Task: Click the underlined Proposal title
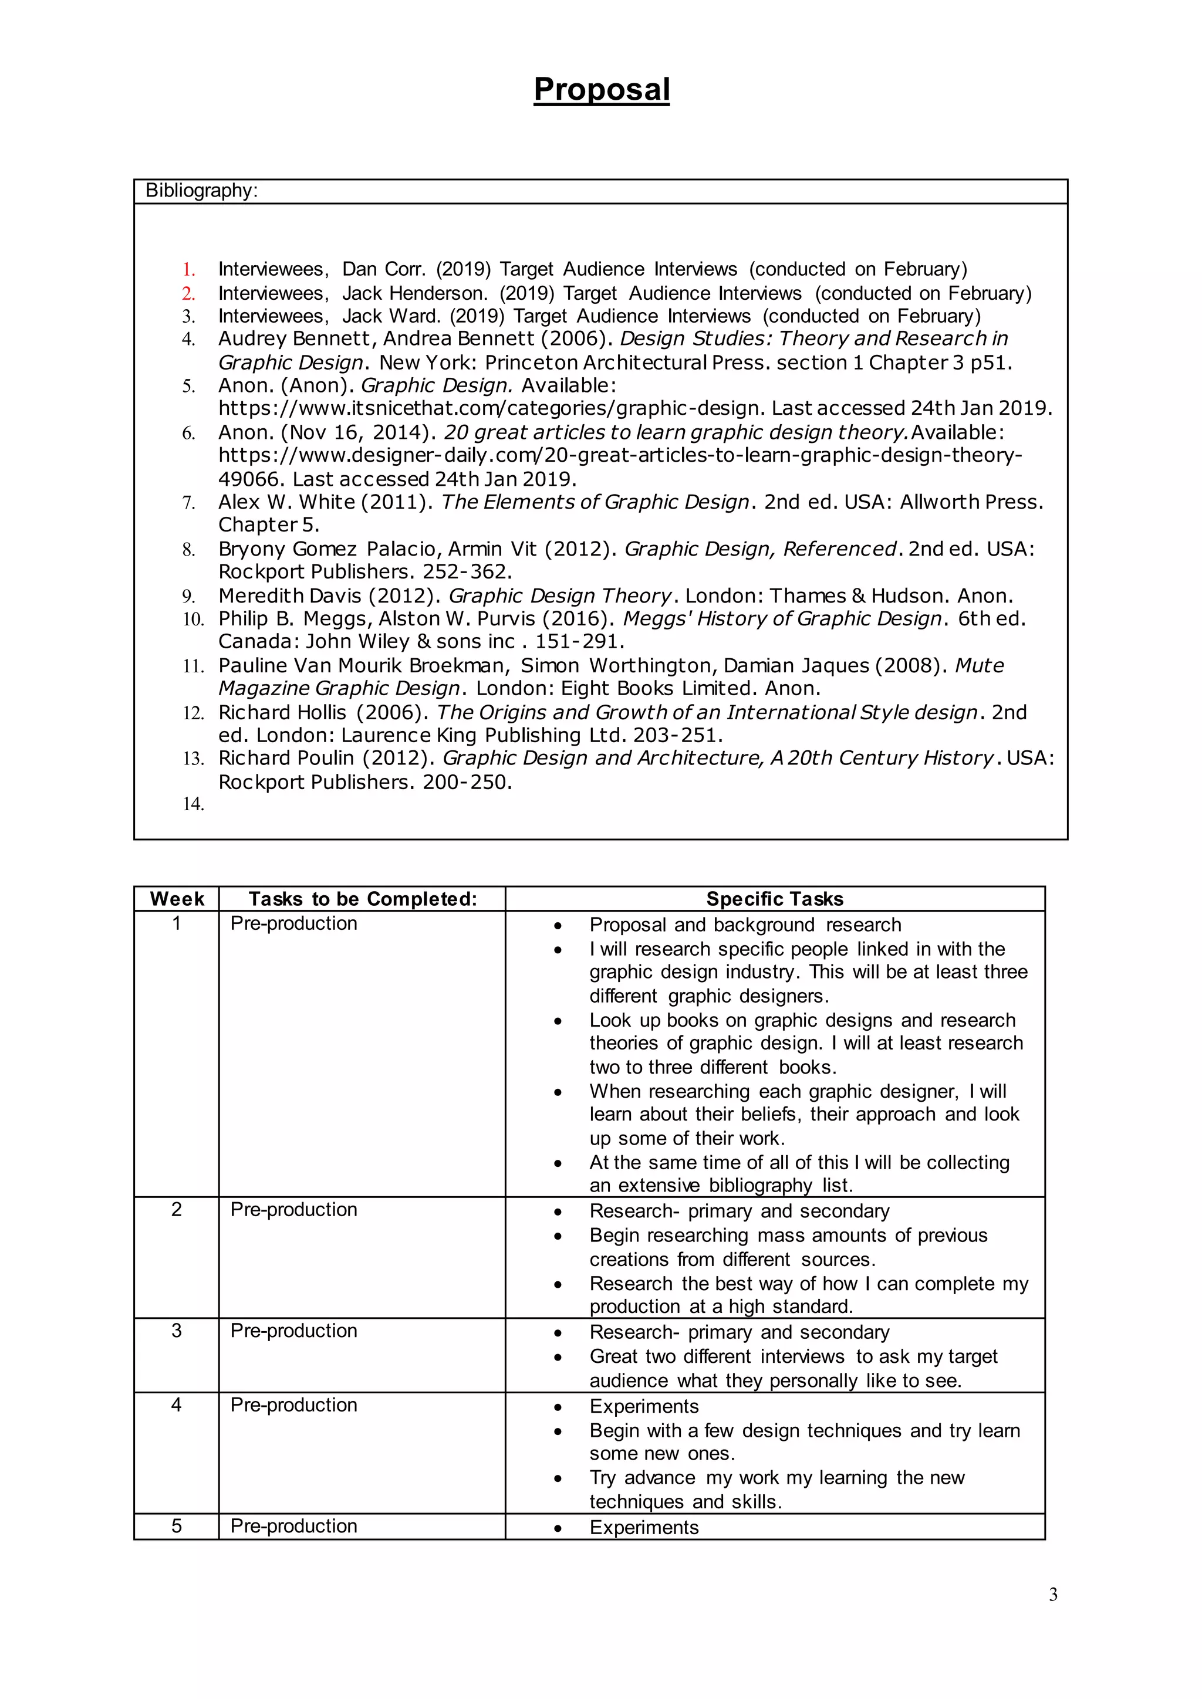pyautogui.click(x=601, y=90)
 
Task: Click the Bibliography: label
pyautogui.click(x=201, y=191)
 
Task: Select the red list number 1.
pyautogui.click(x=189, y=269)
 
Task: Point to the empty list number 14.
pyautogui.click(x=193, y=804)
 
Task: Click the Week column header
pyautogui.click(x=176, y=899)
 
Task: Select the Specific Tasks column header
pyautogui.click(x=774, y=899)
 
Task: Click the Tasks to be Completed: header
pyautogui.click(x=363, y=899)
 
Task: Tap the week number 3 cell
pyautogui.click(x=176, y=1331)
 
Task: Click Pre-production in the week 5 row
pyautogui.click(x=294, y=1526)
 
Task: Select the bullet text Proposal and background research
pyautogui.click(x=745, y=925)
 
